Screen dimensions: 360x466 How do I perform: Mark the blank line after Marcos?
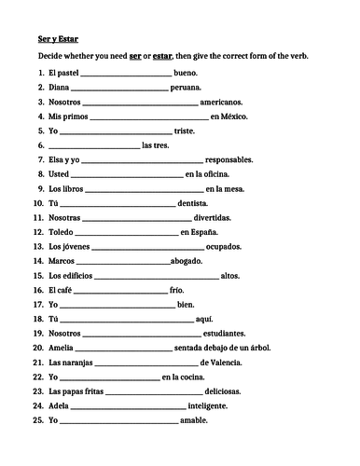pos(123,263)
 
